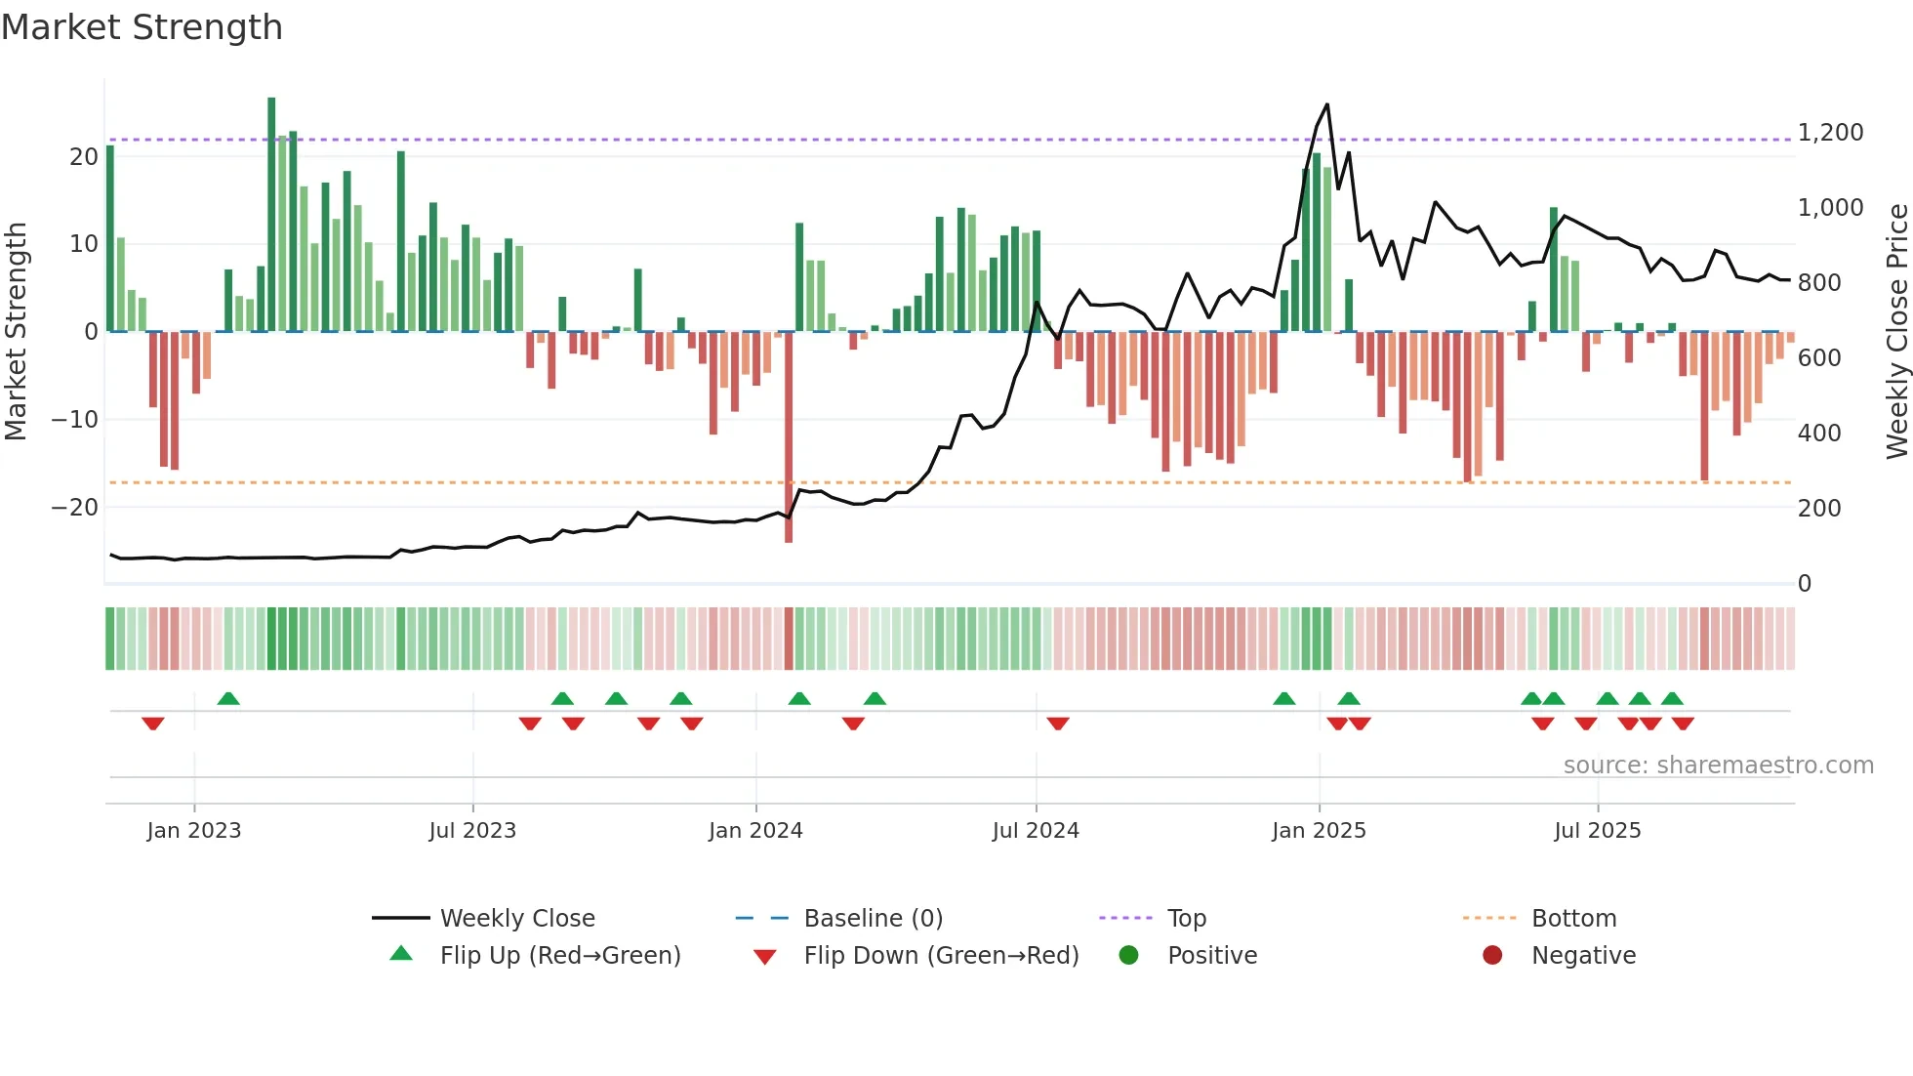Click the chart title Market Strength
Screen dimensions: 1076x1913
pos(142,27)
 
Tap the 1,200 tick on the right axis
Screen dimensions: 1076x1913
pos(1830,133)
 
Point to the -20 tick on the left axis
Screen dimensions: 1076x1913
pos(75,508)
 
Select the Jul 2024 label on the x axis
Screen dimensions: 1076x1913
pos(1036,831)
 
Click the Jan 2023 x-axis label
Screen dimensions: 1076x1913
pos(194,831)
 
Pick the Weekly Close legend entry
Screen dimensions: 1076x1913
pos(516,919)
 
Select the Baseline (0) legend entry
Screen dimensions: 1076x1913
pos(873,919)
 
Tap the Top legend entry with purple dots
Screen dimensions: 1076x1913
pos(1186,919)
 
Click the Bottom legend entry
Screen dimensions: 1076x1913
pos(1573,919)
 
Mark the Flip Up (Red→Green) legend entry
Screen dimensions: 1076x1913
pos(559,956)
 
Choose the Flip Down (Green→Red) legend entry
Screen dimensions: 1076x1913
pos(941,956)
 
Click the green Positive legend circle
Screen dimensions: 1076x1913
pos(1129,956)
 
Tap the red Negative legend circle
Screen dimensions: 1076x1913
pos(1492,956)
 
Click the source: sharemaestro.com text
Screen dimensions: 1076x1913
pos(1718,766)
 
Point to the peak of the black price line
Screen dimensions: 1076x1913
pos(1326,104)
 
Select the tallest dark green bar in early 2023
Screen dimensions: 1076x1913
pos(271,215)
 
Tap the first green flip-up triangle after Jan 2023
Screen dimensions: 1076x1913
pos(228,698)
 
